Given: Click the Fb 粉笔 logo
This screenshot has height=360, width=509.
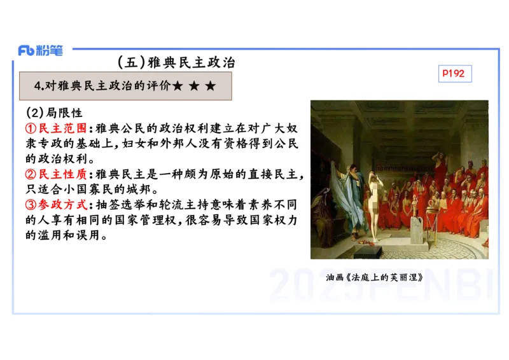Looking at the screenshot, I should click(40, 51).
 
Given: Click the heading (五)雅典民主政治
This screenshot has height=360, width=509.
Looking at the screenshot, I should click(176, 62).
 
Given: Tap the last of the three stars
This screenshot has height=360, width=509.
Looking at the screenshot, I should click(210, 86).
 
